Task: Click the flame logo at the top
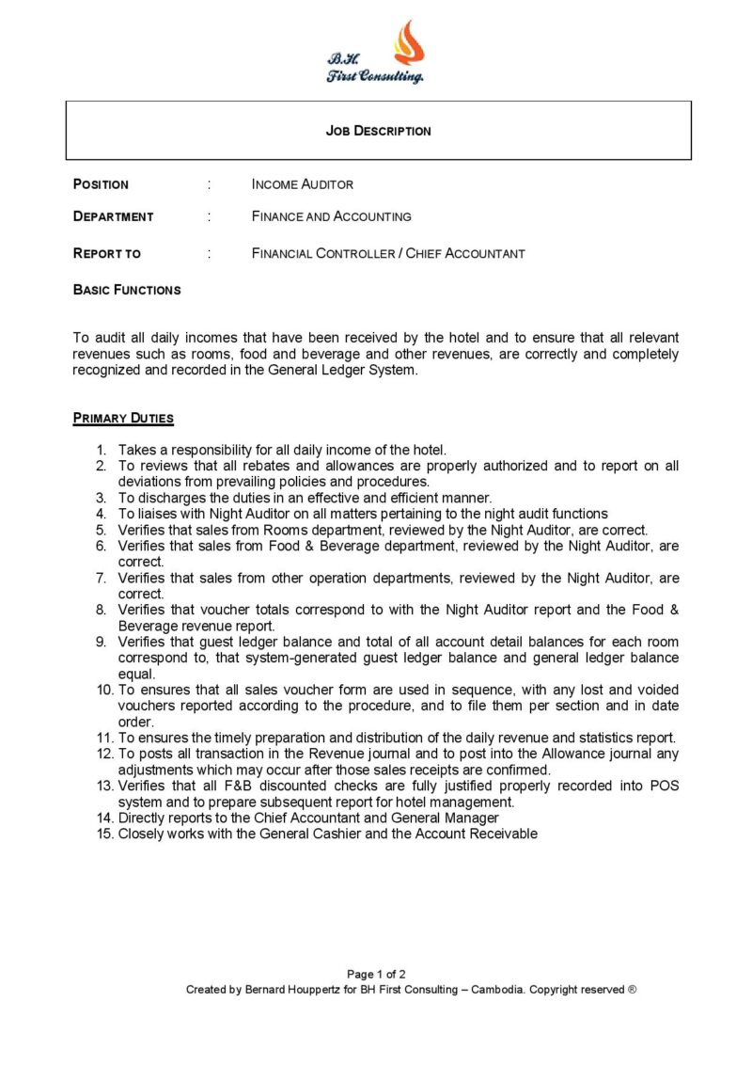pos(408,42)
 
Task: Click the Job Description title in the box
pos(378,131)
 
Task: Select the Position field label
pos(101,184)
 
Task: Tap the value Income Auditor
pos(302,184)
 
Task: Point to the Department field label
pos(113,216)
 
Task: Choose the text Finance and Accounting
pos(331,216)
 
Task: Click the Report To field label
pos(106,253)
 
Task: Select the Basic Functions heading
pos(127,290)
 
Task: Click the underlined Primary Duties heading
pos(123,418)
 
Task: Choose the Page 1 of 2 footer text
pos(376,974)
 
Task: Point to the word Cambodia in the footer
pos(497,990)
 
